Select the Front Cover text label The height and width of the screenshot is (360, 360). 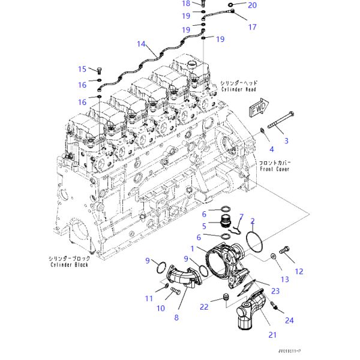tap(274, 169)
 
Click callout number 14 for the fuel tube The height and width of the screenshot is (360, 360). tap(142, 44)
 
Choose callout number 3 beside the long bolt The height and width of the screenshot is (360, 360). tap(286, 141)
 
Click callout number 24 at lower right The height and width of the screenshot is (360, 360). tap(290, 320)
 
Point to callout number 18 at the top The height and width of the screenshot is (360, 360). tap(186, 4)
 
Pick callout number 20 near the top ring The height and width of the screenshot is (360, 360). tap(252, 5)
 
